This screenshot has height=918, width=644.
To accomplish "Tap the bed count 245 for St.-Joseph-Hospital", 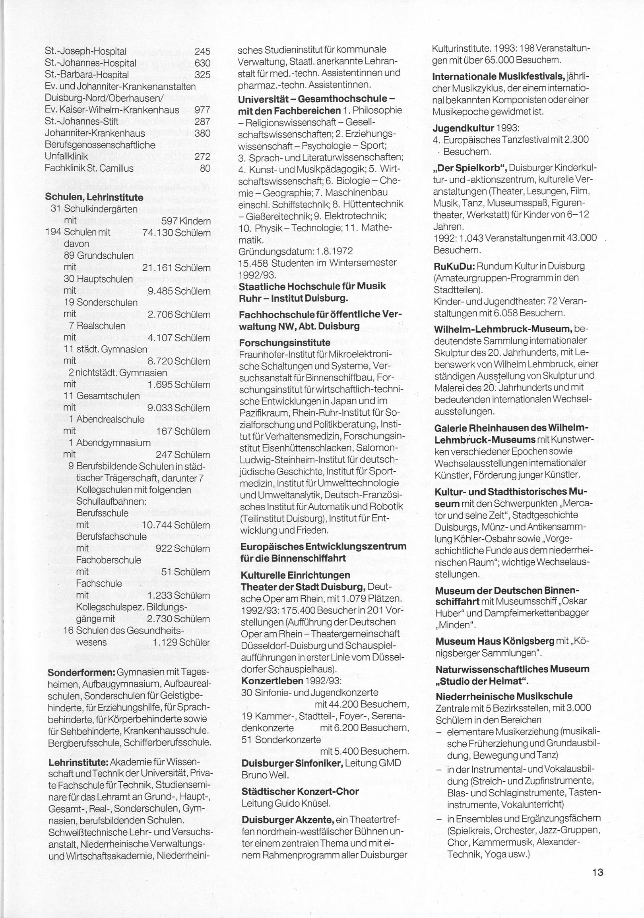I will point(202,52).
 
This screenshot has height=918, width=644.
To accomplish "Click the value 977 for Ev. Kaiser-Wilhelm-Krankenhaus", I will point(202,110).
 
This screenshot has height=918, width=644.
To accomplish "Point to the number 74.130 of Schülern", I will point(157,232).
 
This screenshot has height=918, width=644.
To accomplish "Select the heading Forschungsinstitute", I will point(284,343).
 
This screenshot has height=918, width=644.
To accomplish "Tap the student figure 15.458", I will point(253,263).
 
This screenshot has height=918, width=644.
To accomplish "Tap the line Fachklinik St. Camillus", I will point(89,168).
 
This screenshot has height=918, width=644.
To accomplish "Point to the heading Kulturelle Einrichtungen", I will point(295,575).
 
